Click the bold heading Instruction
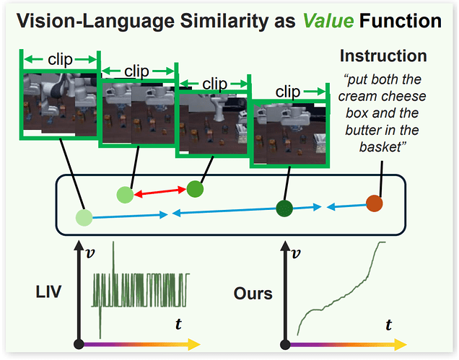tap(383, 56)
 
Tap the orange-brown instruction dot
tap(374, 203)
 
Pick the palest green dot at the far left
tap(84, 216)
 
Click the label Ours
tap(253, 294)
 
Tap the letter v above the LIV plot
tap(89, 254)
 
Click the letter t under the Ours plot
tap(389, 325)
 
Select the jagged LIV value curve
tap(141, 289)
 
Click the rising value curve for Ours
tap(339, 289)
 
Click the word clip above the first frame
tap(61, 59)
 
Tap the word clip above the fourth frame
tap(288, 92)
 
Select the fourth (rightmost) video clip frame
tap(288, 134)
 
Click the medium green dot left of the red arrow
tap(126, 193)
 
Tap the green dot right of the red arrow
tap(196, 190)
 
